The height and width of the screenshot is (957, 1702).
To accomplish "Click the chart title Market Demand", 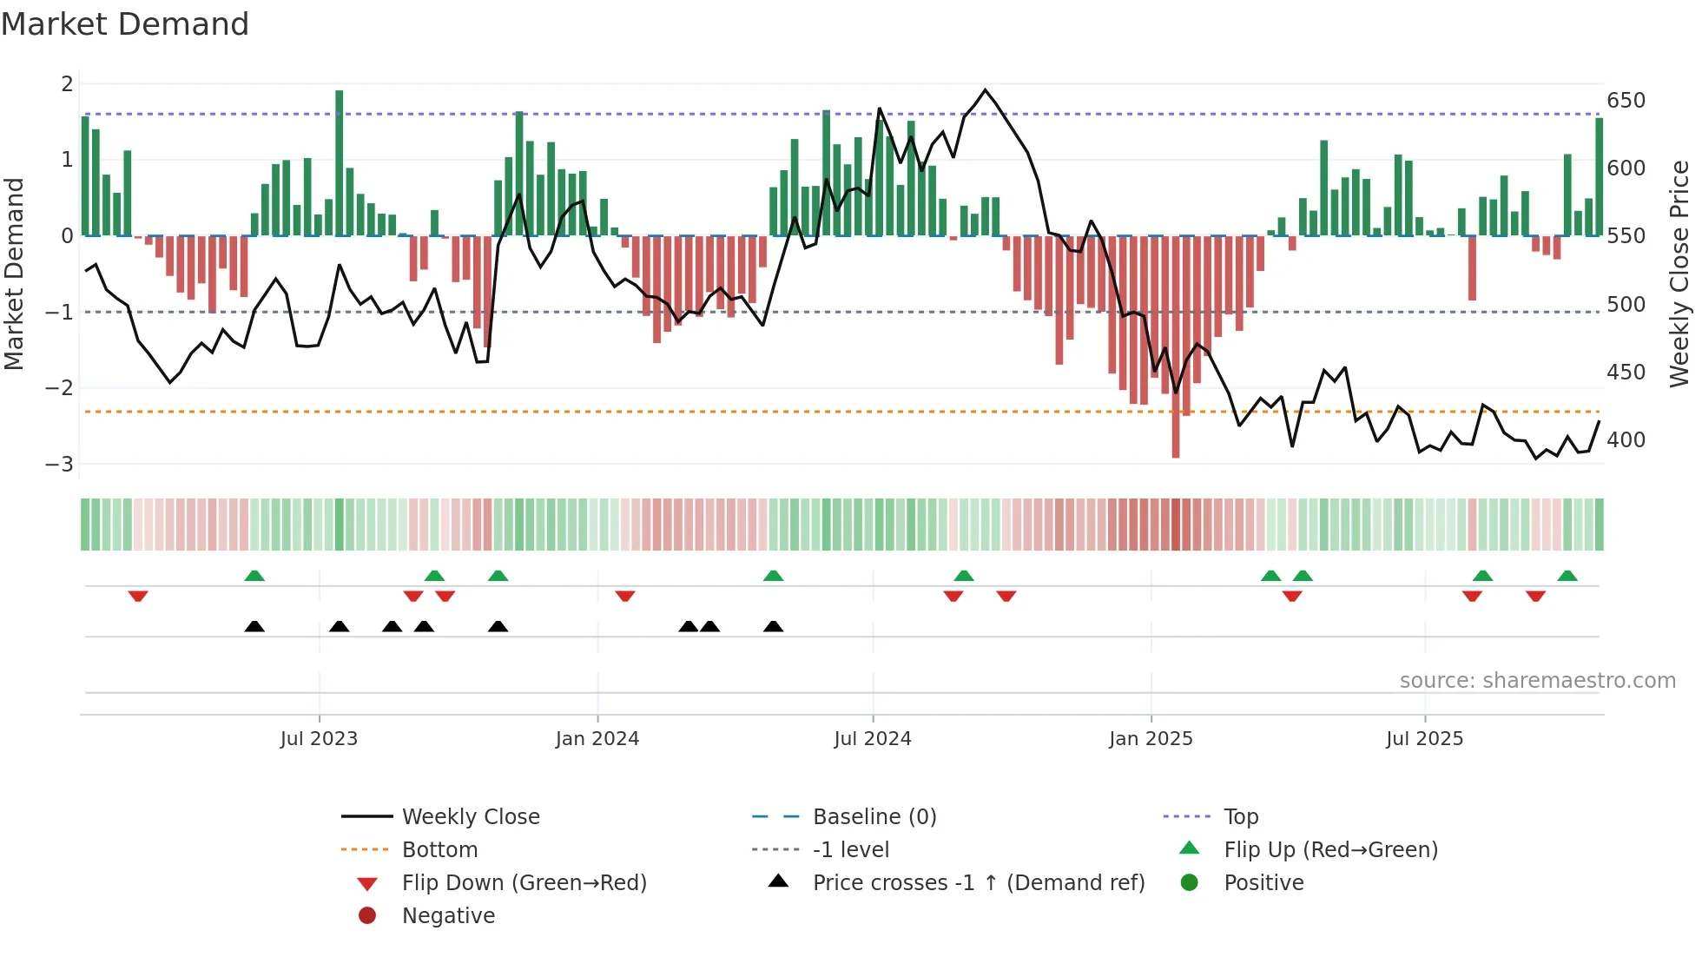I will [x=125, y=24].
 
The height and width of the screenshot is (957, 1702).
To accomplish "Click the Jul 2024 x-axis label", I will [x=872, y=739].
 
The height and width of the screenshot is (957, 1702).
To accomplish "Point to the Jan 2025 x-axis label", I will [x=1151, y=739].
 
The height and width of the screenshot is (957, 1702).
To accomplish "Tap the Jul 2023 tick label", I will [x=319, y=739].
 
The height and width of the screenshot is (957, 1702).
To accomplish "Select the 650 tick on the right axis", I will [x=1626, y=101].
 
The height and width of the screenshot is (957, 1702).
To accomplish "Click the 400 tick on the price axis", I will [x=1626, y=440].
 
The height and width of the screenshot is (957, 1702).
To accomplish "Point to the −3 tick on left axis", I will [x=59, y=464].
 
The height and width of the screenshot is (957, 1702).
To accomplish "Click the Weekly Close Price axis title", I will [x=1679, y=274].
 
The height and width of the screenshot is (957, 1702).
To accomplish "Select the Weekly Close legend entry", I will [x=470, y=816].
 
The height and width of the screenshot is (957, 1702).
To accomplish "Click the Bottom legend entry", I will [x=439, y=849].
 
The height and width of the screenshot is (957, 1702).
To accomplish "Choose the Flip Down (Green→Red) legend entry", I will [x=524, y=882].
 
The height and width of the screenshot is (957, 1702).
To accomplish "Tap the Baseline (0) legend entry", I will [x=874, y=816].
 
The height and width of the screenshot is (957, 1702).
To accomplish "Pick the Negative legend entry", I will [x=448, y=915].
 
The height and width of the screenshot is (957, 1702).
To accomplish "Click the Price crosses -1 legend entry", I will [x=978, y=882].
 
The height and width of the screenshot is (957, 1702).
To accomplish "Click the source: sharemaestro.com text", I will [x=1537, y=681].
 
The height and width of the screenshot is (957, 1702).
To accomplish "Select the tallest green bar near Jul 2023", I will [x=340, y=162].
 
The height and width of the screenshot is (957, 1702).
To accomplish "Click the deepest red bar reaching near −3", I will [x=1176, y=347].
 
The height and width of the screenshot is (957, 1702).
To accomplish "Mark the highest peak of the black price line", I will [x=985, y=90].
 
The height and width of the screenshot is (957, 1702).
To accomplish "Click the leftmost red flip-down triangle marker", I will [x=138, y=596].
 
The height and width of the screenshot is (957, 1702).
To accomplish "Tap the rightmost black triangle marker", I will [x=773, y=626].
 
